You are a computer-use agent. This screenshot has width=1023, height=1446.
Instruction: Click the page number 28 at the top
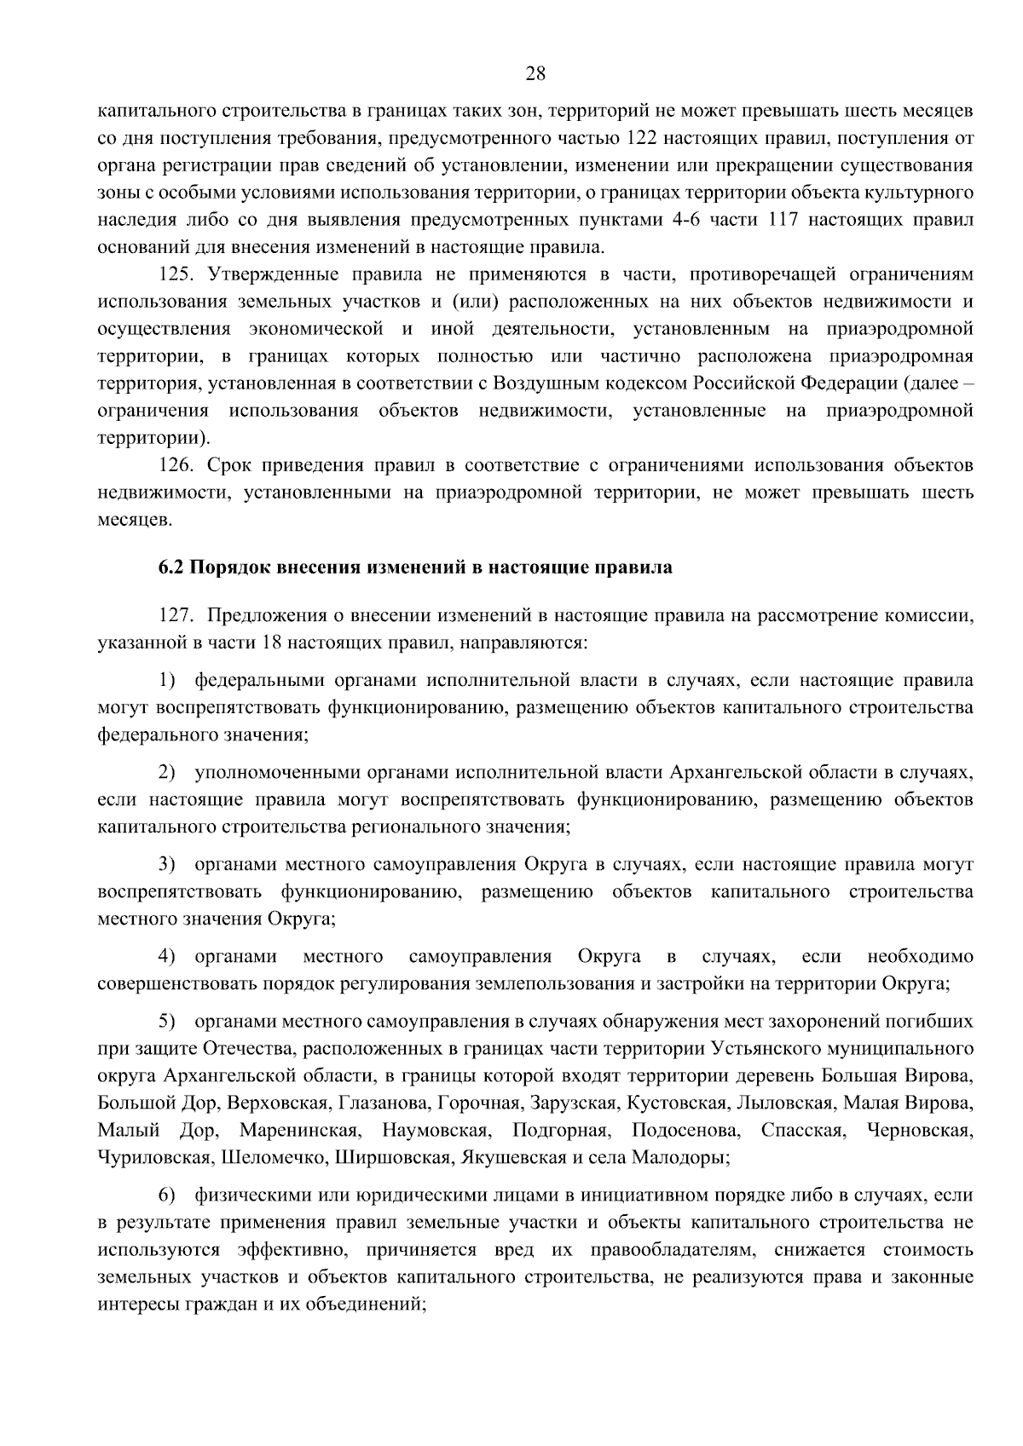(x=535, y=73)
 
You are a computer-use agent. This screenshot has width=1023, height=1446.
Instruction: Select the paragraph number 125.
(x=178, y=274)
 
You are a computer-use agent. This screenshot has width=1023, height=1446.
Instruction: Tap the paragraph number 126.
(x=178, y=465)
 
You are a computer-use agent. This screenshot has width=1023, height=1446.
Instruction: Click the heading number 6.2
(x=171, y=567)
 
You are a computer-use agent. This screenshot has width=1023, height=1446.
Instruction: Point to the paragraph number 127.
(x=178, y=615)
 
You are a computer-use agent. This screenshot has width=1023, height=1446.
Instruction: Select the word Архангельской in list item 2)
(x=732, y=773)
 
